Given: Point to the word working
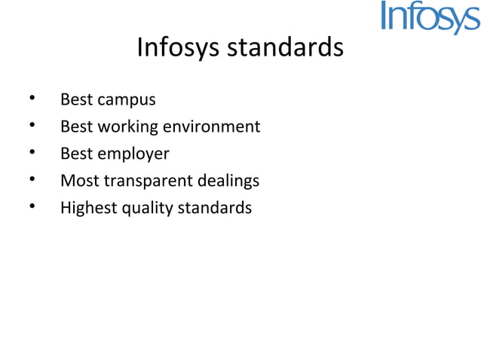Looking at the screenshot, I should pos(126,127).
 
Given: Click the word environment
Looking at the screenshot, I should pos(213,127).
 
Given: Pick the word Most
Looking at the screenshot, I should pos(79,181).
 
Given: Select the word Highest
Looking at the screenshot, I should pos(88,208).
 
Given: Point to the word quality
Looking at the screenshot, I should pos(146,209).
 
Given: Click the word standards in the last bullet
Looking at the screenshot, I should pos(214,208).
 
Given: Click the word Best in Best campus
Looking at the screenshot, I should pos(76,99).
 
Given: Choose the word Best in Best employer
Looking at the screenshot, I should pos(76,154).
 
